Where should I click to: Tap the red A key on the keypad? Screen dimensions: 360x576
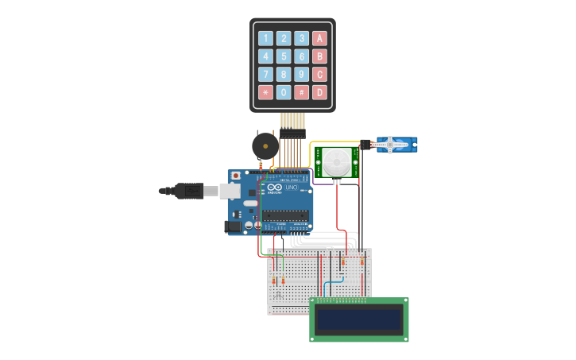click(x=319, y=38)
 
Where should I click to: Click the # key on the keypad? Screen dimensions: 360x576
click(x=302, y=92)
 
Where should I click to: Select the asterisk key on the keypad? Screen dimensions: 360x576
click(x=265, y=92)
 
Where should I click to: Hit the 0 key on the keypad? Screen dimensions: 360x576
click(x=284, y=92)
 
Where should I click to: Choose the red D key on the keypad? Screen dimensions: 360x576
click(x=319, y=92)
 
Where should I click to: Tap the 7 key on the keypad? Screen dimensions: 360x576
click(x=265, y=75)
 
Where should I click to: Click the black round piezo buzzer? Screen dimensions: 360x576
click(x=265, y=146)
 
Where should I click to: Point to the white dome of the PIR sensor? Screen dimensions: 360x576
click(x=336, y=162)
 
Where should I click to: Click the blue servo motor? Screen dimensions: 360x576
click(x=396, y=145)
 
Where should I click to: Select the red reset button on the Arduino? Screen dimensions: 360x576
click(x=235, y=176)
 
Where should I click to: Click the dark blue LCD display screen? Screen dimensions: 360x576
click(x=358, y=319)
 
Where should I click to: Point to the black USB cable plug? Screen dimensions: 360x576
click(x=188, y=191)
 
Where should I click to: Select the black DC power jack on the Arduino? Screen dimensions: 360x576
click(x=233, y=226)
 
